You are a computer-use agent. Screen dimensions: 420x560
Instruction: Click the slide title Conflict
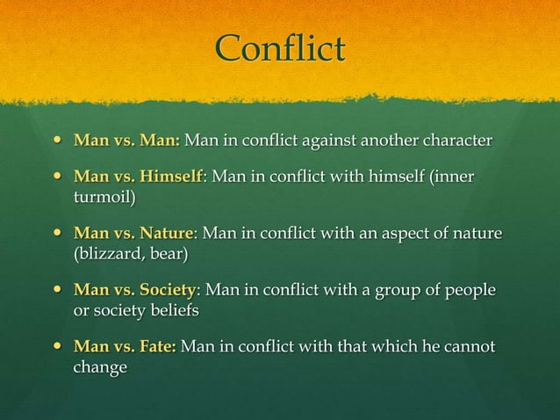[280, 49]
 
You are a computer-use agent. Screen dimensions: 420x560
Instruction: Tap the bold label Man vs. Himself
[139, 177]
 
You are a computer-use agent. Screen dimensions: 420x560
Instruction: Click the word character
[456, 141]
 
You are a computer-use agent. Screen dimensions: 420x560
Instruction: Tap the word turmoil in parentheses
[103, 197]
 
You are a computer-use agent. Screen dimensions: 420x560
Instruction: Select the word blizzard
[108, 254]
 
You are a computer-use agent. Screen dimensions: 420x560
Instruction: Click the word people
[469, 291]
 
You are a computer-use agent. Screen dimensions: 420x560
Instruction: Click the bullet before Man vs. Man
[58, 141]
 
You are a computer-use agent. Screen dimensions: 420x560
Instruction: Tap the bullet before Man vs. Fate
[58, 347]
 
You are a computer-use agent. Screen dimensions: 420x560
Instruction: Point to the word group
[401, 291]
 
